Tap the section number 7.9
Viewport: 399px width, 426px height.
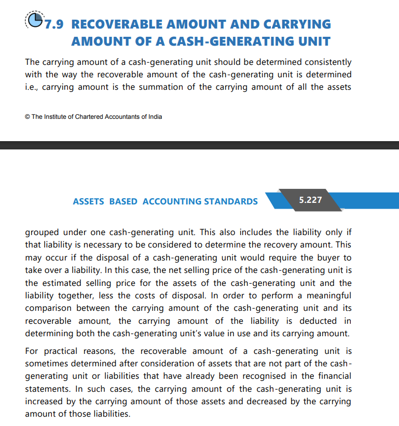54,24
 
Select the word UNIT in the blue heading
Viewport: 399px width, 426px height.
311,41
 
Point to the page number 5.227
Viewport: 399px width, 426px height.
311,199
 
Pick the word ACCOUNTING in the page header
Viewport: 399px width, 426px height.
172,201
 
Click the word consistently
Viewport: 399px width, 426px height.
323,62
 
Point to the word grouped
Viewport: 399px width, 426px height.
42,232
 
